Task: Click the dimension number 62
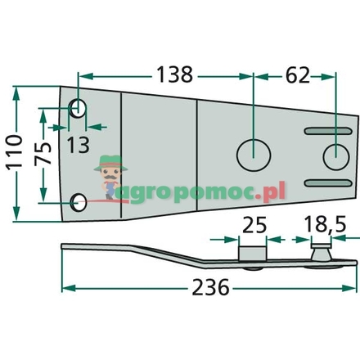tap(296, 74)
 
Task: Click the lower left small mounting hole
tap(79, 201)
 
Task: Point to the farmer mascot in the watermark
tap(108, 177)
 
